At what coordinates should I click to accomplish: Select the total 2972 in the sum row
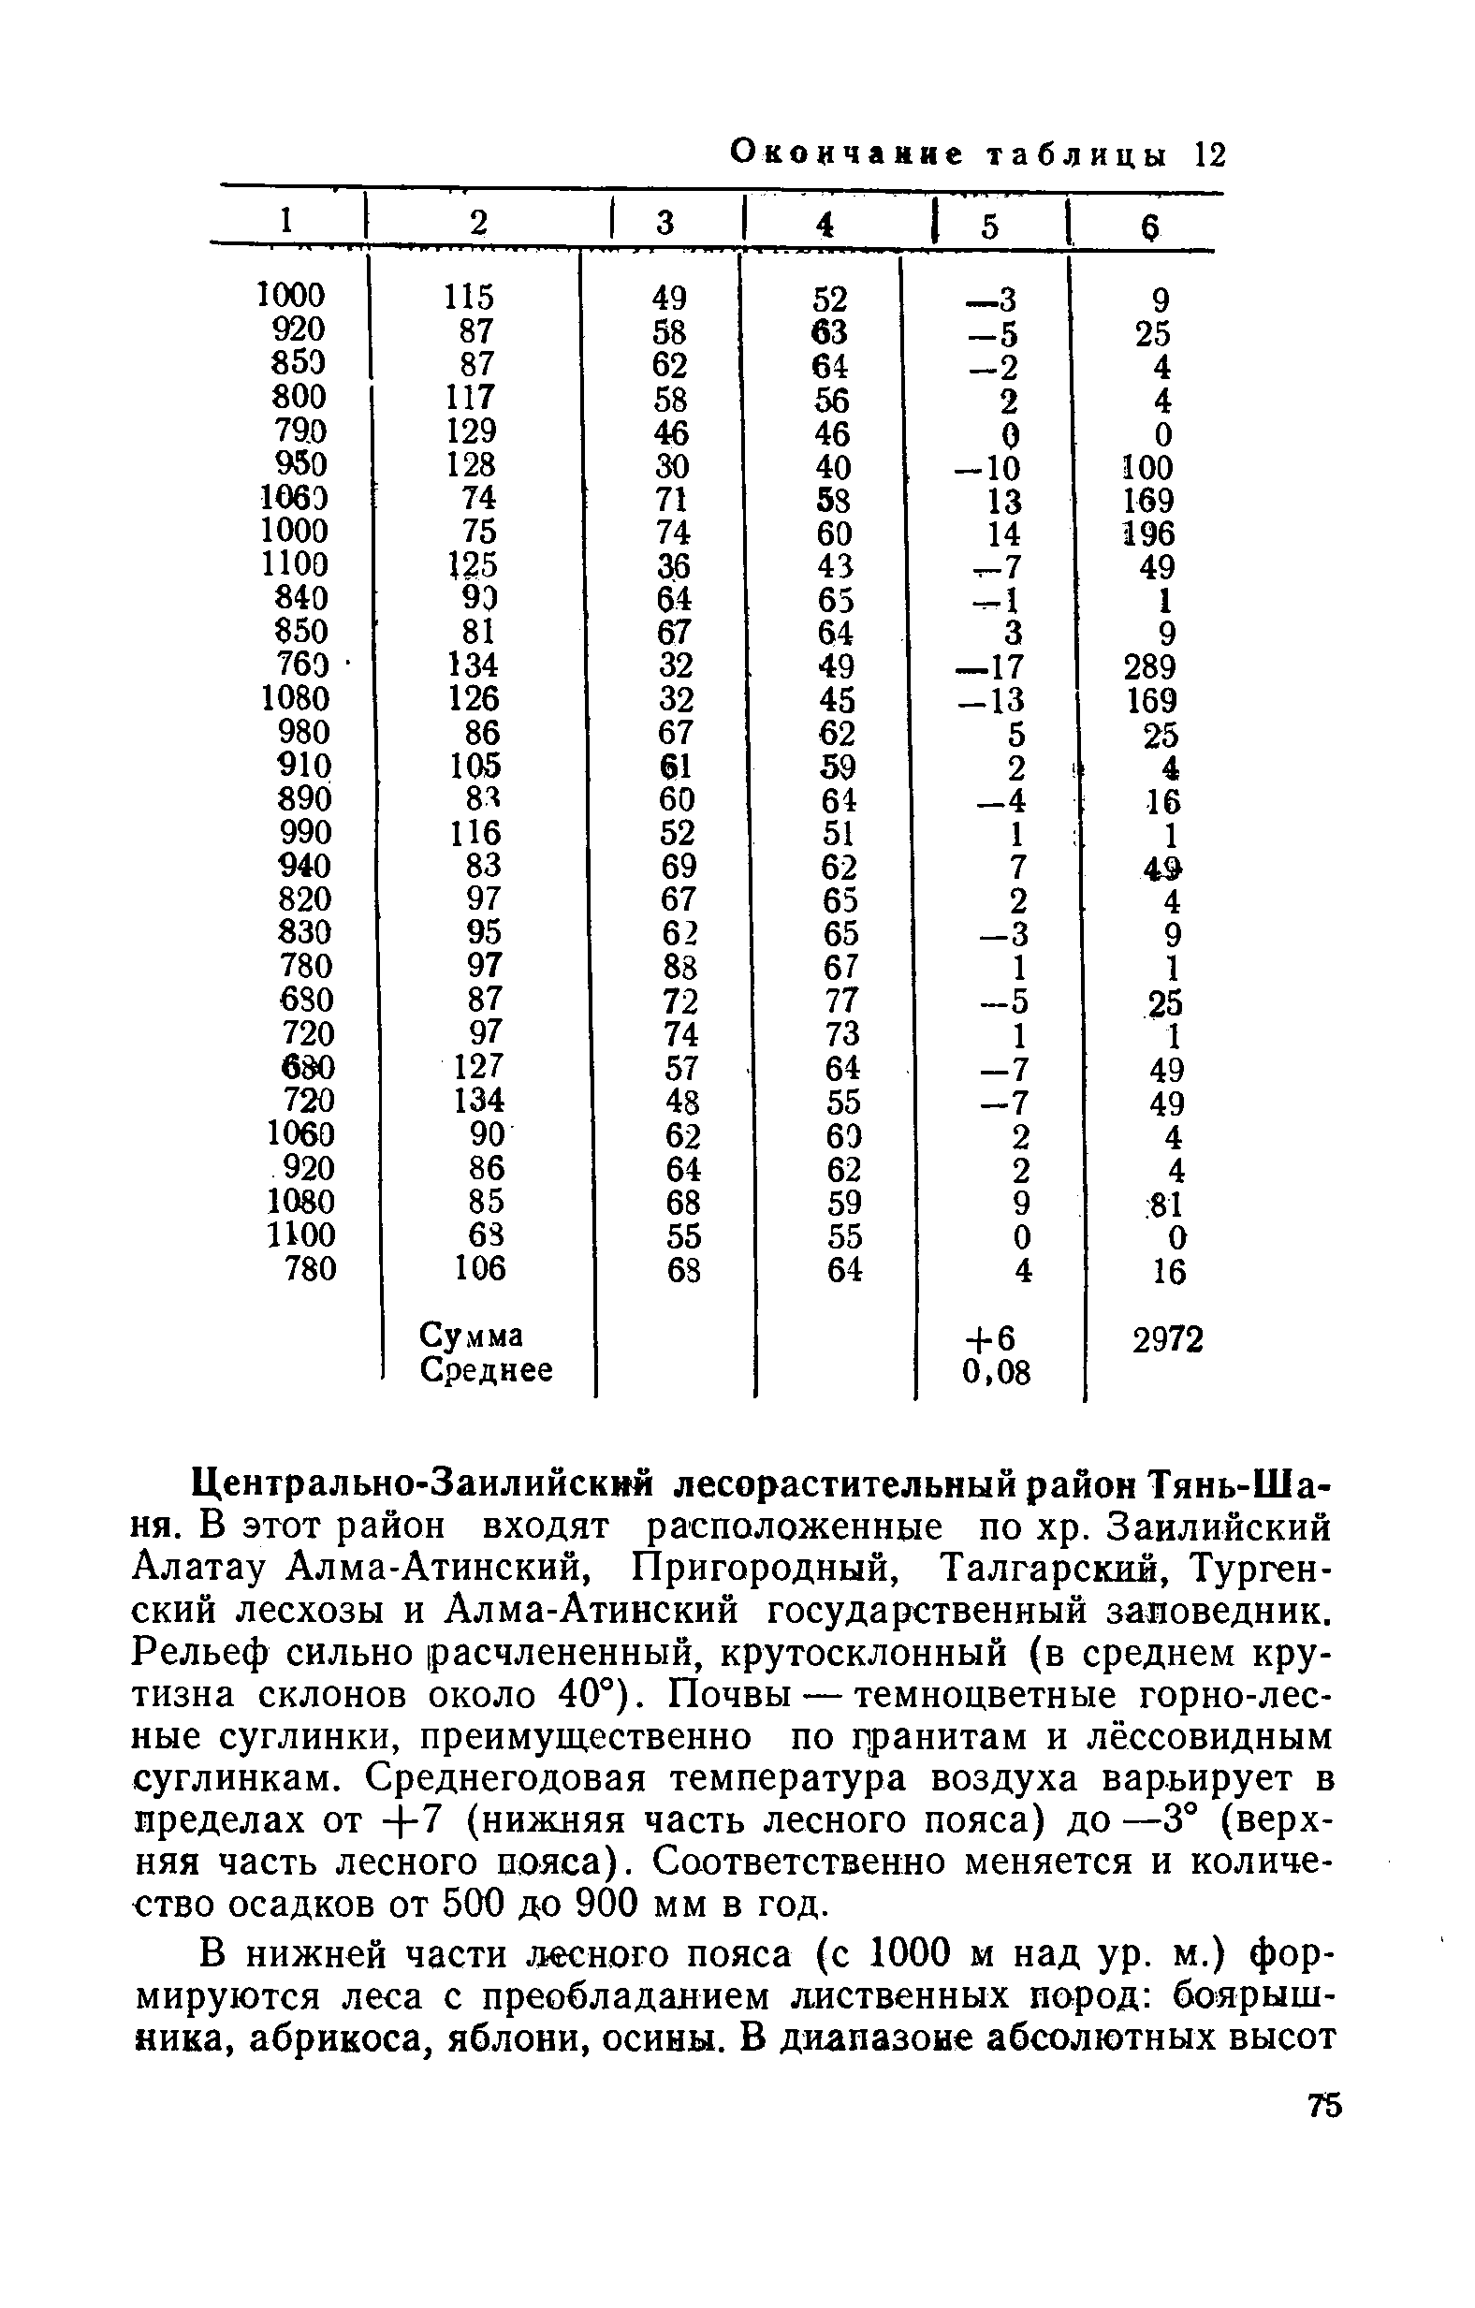[1167, 1339]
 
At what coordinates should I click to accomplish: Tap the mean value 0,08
[996, 1372]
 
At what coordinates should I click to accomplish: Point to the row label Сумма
[472, 1336]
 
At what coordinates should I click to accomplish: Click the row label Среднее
[487, 1370]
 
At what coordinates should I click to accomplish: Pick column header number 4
[824, 224]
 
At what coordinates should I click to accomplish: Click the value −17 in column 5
[991, 667]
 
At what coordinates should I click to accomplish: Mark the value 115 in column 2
[470, 297]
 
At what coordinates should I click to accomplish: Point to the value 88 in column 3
[679, 966]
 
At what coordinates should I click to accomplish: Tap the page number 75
[1324, 2130]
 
